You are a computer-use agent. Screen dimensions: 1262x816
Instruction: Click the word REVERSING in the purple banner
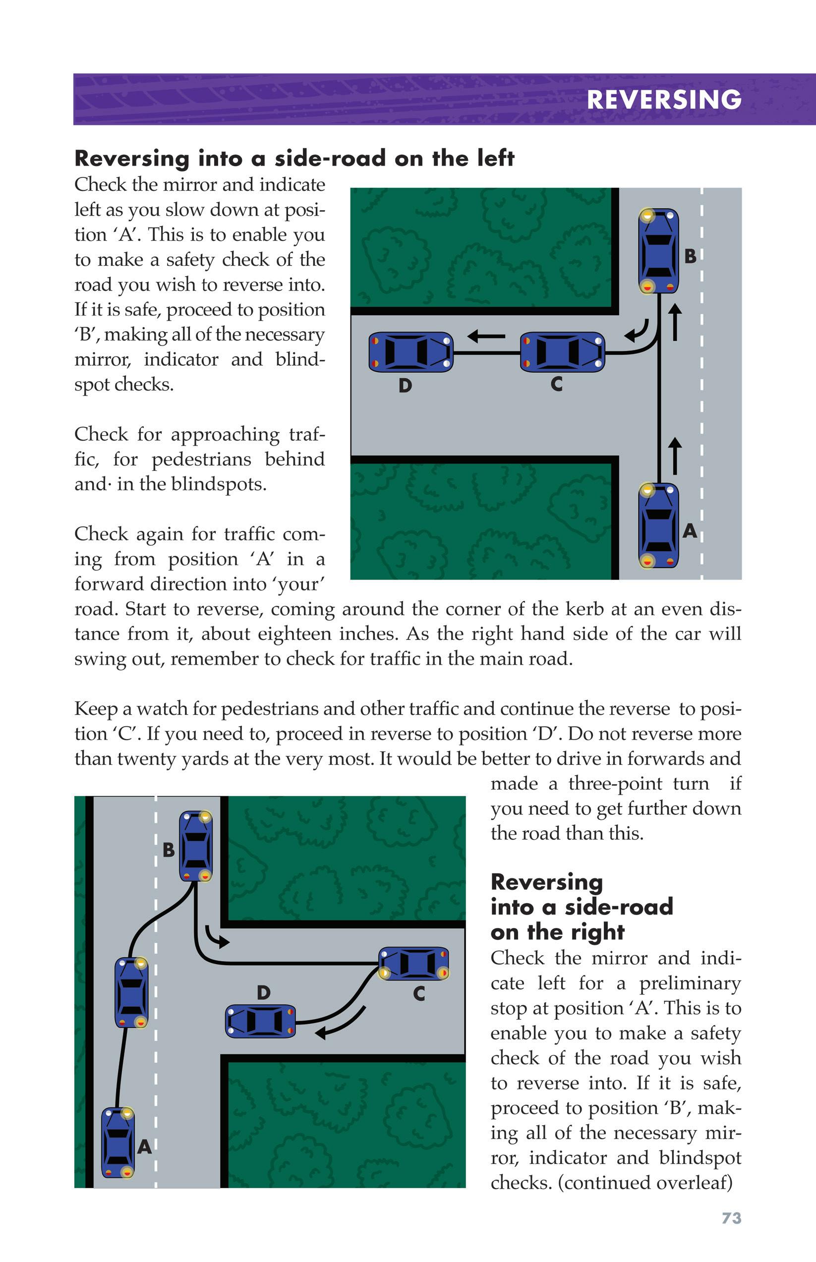pyautogui.click(x=664, y=100)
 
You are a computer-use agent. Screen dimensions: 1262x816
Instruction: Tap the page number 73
pyautogui.click(x=731, y=1218)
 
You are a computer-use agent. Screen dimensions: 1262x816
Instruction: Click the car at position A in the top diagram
pyautogui.click(x=658, y=525)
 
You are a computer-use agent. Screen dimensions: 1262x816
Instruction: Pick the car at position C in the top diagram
pyautogui.click(x=562, y=352)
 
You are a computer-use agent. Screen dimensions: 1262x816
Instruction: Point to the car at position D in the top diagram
pyautogui.click(x=410, y=352)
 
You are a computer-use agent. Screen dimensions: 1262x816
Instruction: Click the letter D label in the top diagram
pyautogui.click(x=405, y=385)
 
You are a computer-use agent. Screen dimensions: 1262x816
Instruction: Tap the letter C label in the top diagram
pyautogui.click(x=556, y=384)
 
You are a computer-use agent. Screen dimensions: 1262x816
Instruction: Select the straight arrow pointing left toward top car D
pyautogui.click(x=486, y=336)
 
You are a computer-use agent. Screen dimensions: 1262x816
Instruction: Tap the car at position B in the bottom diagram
pyautogui.click(x=196, y=846)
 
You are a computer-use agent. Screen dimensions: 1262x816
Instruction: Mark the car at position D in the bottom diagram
pyautogui.click(x=260, y=1021)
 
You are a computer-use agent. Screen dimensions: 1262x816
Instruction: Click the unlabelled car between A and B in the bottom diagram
pyautogui.click(x=131, y=992)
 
